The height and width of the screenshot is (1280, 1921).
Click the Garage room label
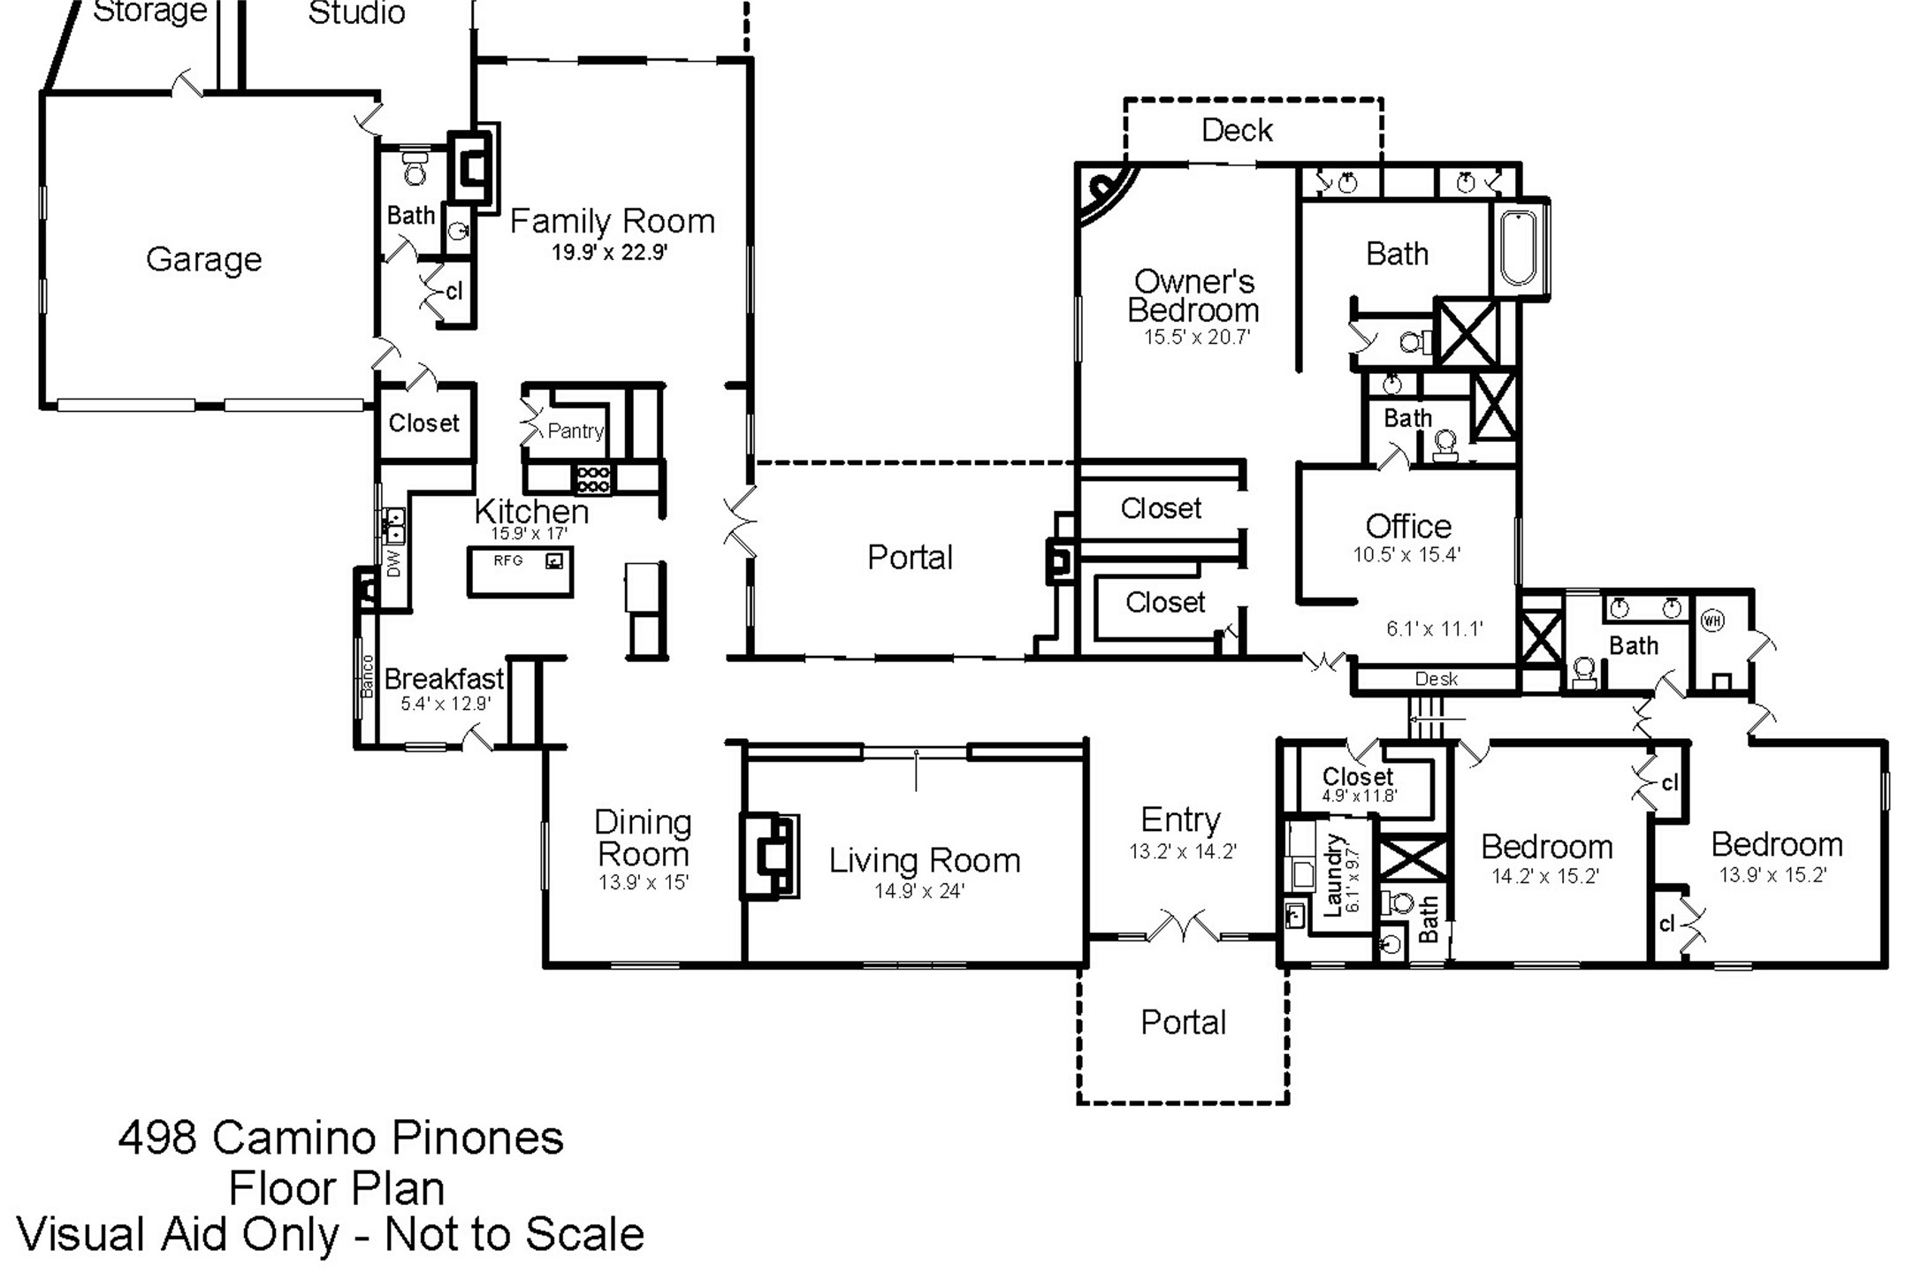click(203, 260)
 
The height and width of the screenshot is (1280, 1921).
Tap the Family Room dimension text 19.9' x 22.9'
click(609, 253)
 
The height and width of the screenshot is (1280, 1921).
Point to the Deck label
click(1237, 131)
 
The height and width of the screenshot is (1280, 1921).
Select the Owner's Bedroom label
click(1193, 296)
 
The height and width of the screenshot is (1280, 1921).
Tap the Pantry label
click(575, 431)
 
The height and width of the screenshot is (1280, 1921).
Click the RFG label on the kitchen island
click(508, 560)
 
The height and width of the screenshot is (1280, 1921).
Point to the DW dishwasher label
click(393, 563)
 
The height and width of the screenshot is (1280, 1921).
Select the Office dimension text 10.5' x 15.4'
click(1406, 555)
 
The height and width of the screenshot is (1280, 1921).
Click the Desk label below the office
click(1436, 679)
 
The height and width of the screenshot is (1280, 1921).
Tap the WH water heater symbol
click(1712, 621)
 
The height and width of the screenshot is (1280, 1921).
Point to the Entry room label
click(1180, 820)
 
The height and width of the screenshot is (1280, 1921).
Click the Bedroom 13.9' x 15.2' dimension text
click(1772, 875)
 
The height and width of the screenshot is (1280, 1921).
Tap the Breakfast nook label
click(444, 679)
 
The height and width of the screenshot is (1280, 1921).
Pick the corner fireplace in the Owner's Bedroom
click(1105, 193)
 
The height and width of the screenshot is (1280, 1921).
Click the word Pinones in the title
click(477, 1138)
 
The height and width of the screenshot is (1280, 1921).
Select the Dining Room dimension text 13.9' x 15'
click(643, 882)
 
